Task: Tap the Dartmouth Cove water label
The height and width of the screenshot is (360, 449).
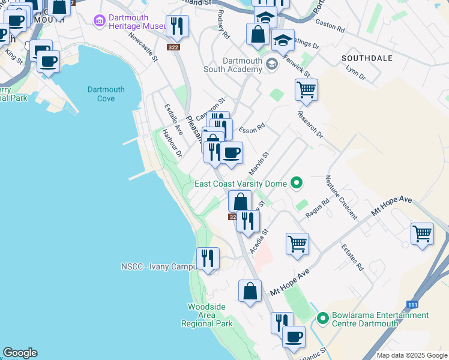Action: pos(106,94)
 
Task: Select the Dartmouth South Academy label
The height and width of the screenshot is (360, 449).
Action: pos(243,65)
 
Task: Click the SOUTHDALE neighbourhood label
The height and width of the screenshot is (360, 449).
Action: pos(366,58)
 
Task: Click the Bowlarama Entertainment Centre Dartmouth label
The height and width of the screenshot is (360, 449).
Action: pos(381,319)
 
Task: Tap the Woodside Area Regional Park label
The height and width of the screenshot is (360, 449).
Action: pos(206,315)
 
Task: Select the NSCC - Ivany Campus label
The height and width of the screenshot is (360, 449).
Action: pos(158,266)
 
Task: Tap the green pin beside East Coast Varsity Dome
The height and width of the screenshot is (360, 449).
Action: pos(296,182)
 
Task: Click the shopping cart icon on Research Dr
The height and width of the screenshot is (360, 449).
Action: pos(306,90)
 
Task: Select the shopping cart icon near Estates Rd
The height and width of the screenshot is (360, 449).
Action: pos(422,234)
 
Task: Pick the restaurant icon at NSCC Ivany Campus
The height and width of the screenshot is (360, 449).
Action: pos(208,258)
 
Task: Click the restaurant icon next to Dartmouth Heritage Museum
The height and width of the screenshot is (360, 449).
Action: pos(176,26)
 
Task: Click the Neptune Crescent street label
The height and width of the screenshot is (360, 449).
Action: pos(341,197)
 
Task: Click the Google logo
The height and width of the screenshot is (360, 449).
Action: pos(20,353)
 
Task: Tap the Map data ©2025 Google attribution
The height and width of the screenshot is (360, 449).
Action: pos(411,355)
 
